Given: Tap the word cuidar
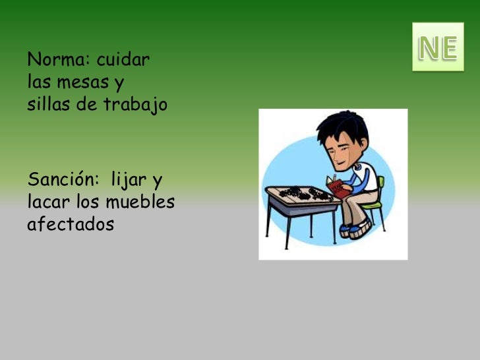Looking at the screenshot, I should pyautogui.click(x=123, y=61).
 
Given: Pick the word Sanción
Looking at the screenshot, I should pyautogui.click(x=62, y=179).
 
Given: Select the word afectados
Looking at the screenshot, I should pyautogui.click(x=71, y=224).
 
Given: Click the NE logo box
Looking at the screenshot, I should pyautogui.click(x=438, y=47).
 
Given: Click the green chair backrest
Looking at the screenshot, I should pyautogui.click(x=380, y=185).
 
